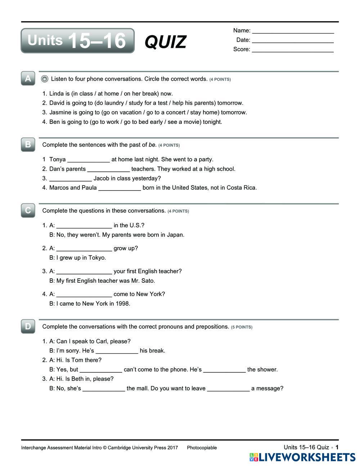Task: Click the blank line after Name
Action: coord(293,31)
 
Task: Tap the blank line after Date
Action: coord(293,41)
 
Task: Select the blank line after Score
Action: coord(293,50)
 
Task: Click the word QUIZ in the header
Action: coord(166,42)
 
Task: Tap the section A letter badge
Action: coord(28,79)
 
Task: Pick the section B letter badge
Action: coord(28,144)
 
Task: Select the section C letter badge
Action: coord(28,210)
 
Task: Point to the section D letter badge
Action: coord(28,326)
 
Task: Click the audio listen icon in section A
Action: coord(45,79)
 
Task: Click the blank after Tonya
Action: coord(89,160)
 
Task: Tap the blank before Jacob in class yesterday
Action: coord(71,179)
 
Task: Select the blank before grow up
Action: coord(84,249)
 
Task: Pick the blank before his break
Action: coord(117,351)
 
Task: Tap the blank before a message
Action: coord(228,389)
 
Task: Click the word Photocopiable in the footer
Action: coord(202,448)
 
